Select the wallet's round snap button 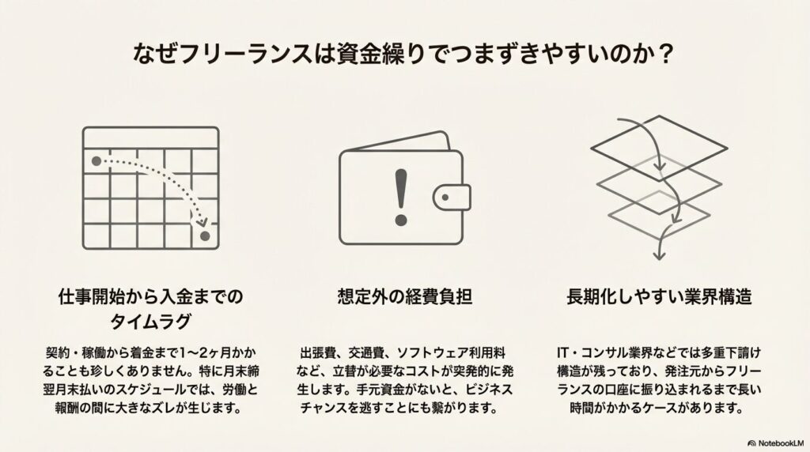click(x=450, y=195)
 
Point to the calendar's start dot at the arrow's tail click(x=97, y=161)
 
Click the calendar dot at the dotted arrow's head click(x=205, y=236)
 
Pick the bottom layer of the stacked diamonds click(x=657, y=213)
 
